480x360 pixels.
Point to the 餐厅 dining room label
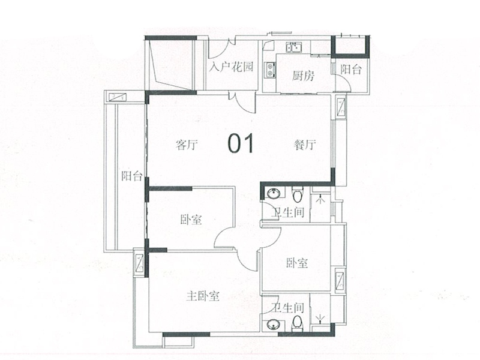tap(305, 145)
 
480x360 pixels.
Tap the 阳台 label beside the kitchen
tap(352, 70)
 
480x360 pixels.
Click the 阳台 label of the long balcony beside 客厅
tap(131, 176)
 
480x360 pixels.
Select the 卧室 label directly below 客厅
tap(190, 220)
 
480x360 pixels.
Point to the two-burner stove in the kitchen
tap(270, 70)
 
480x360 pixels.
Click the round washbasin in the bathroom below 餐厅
tap(273, 194)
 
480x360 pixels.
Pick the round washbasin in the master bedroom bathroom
tap(273, 325)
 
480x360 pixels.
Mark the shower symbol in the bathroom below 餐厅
tap(319, 202)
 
